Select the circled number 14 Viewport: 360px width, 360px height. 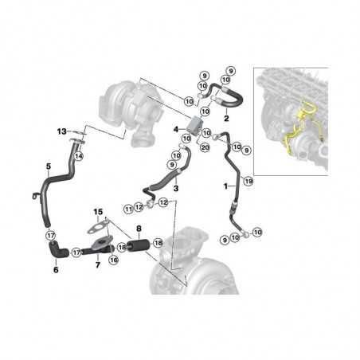point(78,158)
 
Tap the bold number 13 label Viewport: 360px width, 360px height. point(61,131)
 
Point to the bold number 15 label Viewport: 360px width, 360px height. point(98,211)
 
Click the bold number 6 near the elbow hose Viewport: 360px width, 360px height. point(56,270)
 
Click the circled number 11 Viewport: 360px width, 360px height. point(127,209)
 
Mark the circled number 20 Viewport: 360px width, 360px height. point(205,147)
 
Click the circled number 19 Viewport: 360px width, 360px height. point(248,182)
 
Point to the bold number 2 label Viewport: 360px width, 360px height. point(227,117)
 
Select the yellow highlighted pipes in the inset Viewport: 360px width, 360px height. point(303,131)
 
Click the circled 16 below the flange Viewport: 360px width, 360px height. point(112,259)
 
